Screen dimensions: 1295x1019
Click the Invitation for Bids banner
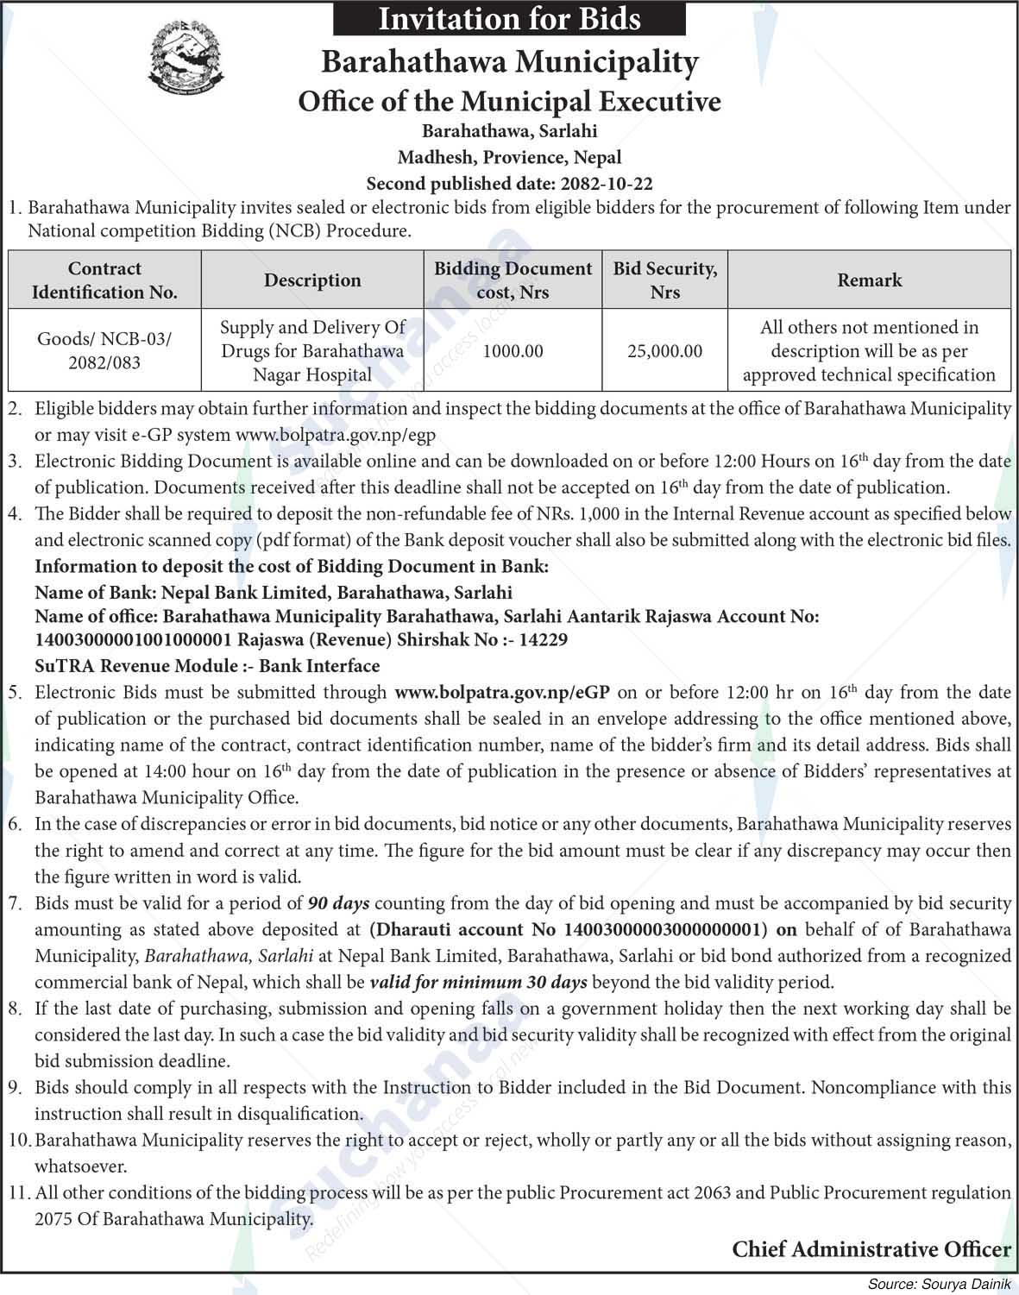[509, 18]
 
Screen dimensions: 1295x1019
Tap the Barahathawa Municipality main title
[509, 62]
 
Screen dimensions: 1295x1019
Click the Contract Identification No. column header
[104, 280]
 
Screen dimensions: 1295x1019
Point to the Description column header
[312, 280]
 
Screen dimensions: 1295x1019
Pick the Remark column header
[869, 280]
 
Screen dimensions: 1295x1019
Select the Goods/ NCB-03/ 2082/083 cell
[104, 350]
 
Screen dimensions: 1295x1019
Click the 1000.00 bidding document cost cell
[513, 351]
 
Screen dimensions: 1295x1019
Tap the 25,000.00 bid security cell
[664, 351]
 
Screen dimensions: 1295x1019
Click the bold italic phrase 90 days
[338, 903]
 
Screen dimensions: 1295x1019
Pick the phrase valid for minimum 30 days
[478, 982]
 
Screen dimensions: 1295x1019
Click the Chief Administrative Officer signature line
[871, 1248]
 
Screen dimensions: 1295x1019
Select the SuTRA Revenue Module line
[207, 666]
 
